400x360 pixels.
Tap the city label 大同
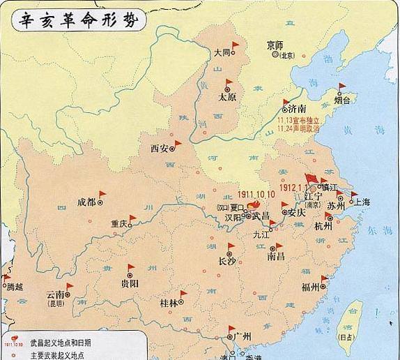coord(222,52)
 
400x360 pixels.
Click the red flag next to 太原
coord(229,83)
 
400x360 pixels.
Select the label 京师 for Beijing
coord(275,45)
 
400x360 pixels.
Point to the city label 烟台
coord(342,100)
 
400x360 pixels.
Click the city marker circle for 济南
coord(284,110)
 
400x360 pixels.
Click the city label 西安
coord(159,148)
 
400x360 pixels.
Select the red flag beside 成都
coord(102,195)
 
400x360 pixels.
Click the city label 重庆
coord(118,224)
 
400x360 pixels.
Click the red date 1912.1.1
coord(294,187)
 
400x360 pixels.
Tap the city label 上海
coord(362,202)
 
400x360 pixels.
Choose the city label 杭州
coord(323,226)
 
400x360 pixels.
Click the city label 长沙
coord(227,262)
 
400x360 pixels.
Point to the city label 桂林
coord(169,303)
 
